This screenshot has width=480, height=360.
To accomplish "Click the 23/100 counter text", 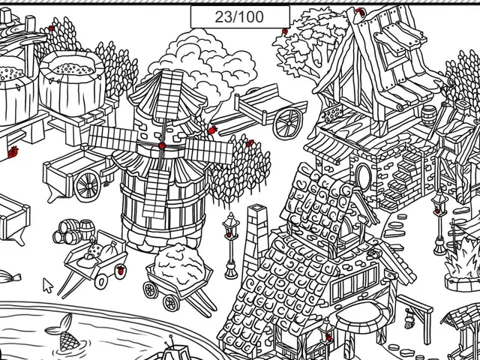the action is click(239, 16).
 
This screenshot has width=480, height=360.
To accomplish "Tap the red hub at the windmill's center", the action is click(162, 145).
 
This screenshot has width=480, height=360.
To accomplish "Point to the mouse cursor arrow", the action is click(47, 285).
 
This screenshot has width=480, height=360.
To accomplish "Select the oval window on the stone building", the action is click(363, 177).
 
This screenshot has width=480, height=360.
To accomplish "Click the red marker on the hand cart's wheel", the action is click(121, 270).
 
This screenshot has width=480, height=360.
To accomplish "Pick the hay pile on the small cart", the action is click(179, 265).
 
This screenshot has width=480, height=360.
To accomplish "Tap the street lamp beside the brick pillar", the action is click(231, 245).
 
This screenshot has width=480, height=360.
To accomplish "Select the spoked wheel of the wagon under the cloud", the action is click(287, 124).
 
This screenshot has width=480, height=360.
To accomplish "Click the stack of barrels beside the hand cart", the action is click(73, 232).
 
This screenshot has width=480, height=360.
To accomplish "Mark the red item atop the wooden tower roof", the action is click(361, 12).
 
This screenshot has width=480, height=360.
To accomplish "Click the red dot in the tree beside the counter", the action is click(285, 31).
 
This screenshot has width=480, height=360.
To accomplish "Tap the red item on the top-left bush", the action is click(51, 28).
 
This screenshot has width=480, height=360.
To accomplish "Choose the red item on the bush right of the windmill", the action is click(250, 143).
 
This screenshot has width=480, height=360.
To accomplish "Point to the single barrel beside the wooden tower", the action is click(429, 116).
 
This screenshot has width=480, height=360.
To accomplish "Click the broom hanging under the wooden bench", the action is click(409, 319).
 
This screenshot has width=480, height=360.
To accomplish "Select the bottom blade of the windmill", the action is click(157, 193).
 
